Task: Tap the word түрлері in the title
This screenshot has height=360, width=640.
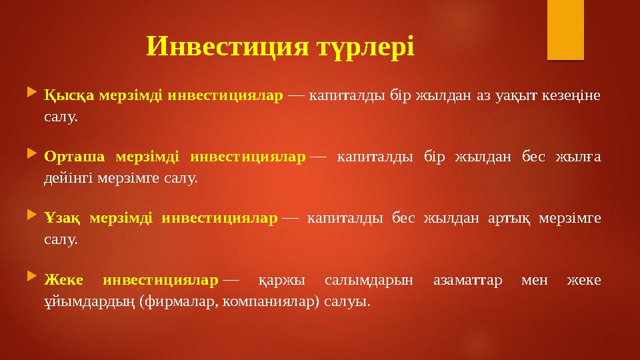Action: (365, 46)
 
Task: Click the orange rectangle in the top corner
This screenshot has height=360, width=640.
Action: (565, 30)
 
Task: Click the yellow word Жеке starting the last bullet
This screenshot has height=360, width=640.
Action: (62, 279)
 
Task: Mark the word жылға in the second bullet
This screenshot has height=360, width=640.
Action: (583, 157)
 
